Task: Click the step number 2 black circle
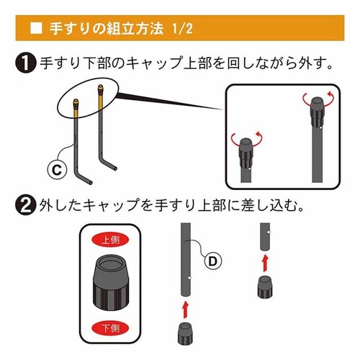(x=25, y=206)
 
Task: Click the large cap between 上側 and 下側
(x=112, y=285)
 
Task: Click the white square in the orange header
(x=37, y=29)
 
